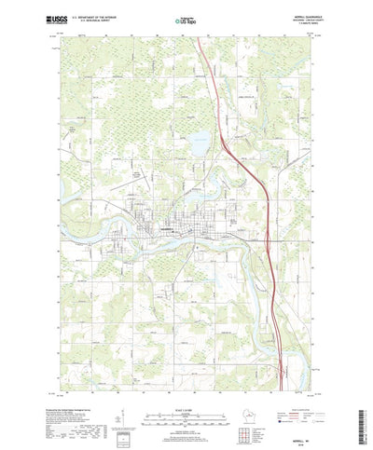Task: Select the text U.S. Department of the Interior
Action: [100, 15]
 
